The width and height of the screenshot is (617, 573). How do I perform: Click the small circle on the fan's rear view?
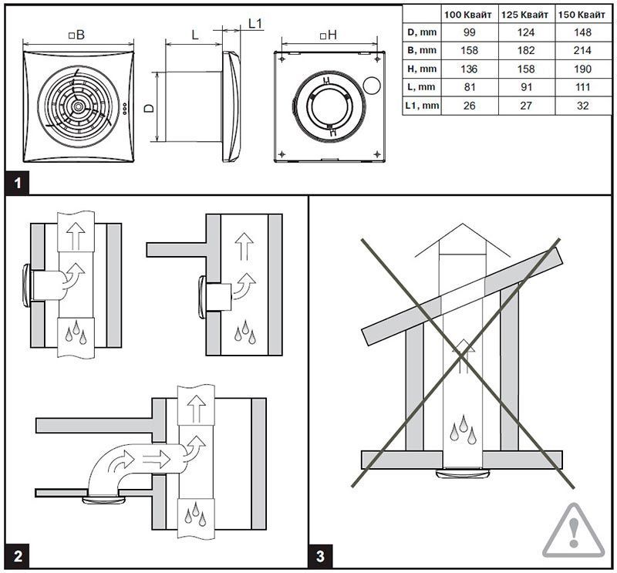373,88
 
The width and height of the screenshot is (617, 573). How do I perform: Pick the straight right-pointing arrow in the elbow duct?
157,460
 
